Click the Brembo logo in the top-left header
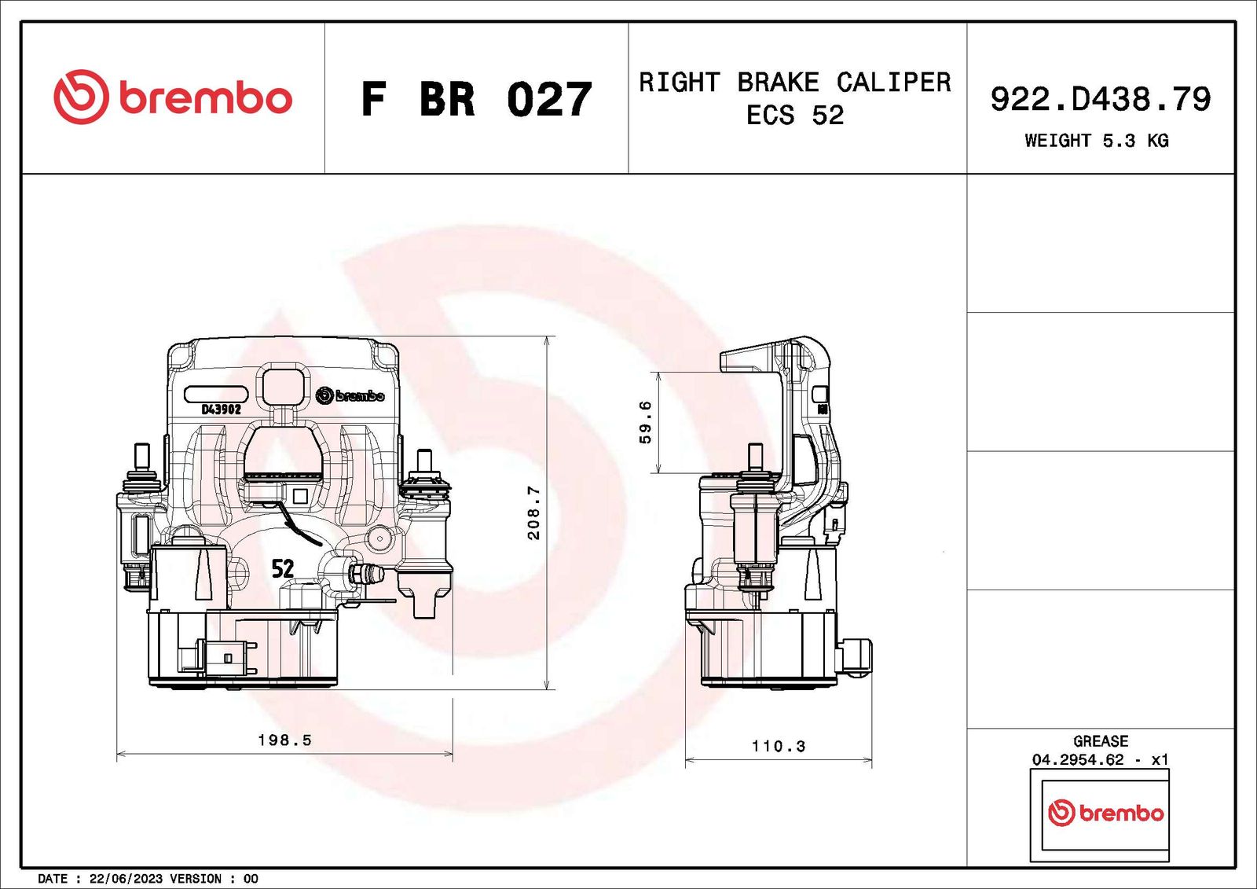coord(173,97)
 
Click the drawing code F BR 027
coord(476,99)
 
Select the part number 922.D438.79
coord(1101,99)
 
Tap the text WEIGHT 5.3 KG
coord(1097,141)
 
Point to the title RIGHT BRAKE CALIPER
coord(795,83)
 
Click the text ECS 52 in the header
coord(794,115)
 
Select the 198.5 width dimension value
coord(284,740)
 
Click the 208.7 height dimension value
coord(533,512)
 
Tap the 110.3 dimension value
coord(779,746)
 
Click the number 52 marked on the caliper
coord(282,569)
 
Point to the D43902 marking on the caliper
coord(221,410)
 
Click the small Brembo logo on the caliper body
coord(350,395)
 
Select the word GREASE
coord(1101,740)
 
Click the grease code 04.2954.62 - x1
coord(1100,759)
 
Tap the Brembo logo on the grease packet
coord(1105,814)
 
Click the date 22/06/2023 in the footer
coord(125,878)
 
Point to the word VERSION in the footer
coord(196,878)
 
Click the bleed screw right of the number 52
coord(366,574)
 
